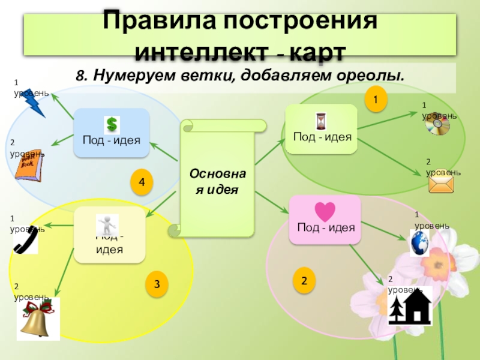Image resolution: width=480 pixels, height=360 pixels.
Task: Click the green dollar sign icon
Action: click(112, 125)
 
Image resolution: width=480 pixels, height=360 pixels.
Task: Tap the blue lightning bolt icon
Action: click(34, 104)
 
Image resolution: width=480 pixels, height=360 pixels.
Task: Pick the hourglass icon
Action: click(321, 121)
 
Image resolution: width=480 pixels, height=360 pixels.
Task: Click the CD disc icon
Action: click(437, 125)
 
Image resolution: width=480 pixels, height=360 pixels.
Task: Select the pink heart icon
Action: click(325, 212)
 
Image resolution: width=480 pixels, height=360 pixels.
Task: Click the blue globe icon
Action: click(418, 243)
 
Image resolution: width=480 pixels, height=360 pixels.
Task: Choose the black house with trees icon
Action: click(410, 307)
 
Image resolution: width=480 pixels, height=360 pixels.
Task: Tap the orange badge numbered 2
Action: click(304, 280)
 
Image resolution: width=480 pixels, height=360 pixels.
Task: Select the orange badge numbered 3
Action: click(157, 284)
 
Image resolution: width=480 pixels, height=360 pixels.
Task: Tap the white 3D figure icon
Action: click(107, 225)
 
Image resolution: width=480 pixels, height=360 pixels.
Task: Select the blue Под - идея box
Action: click(112, 139)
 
